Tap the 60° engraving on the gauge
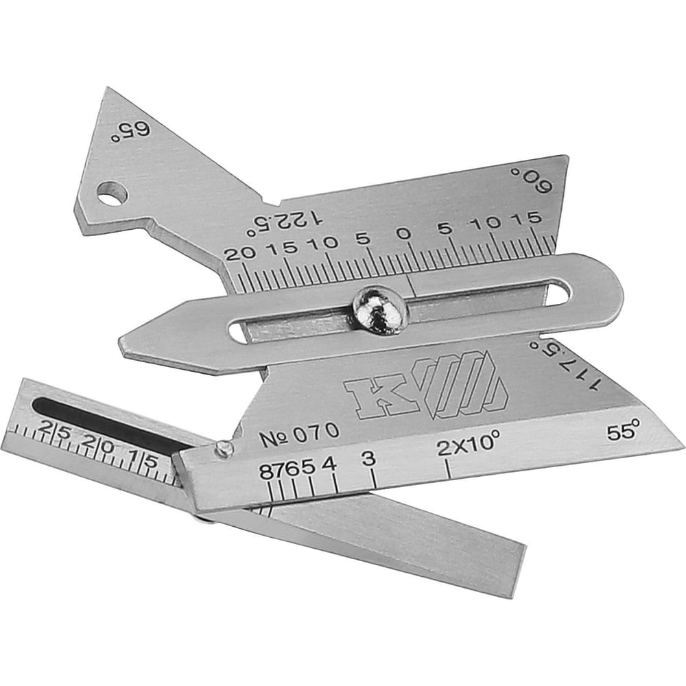coord(532,179)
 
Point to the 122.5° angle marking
coord(285,222)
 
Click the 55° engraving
coord(624,431)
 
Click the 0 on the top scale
coord(405,233)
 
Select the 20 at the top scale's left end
coord(239,253)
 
